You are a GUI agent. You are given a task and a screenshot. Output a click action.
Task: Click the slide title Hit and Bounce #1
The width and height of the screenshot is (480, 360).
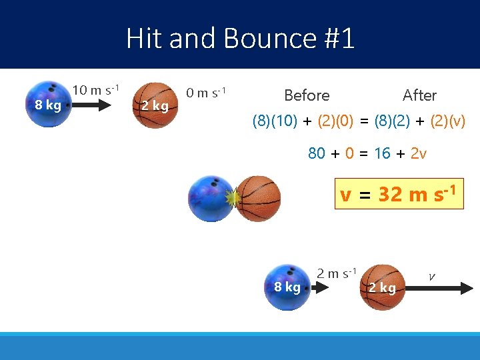(x=240, y=38)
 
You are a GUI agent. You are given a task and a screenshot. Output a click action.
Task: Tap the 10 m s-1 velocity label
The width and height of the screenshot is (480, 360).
(x=95, y=90)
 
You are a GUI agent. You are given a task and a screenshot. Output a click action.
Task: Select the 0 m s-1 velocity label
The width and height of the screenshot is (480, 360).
(x=206, y=92)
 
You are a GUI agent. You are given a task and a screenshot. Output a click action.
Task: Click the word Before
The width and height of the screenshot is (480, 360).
(x=307, y=95)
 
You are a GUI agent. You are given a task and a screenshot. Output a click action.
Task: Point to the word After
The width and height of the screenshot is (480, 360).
(x=419, y=95)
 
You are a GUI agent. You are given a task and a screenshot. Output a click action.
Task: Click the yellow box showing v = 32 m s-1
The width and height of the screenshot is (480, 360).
(x=399, y=194)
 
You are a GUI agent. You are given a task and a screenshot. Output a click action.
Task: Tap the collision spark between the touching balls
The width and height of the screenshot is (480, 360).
(x=233, y=198)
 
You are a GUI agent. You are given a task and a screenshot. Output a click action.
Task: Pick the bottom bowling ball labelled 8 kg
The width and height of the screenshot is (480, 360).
(x=287, y=287)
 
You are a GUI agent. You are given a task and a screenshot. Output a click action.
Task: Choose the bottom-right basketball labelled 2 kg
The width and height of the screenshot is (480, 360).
(x=383, y=287)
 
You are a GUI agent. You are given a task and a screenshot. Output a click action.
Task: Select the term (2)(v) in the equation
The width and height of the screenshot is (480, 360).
(x=448, y=122)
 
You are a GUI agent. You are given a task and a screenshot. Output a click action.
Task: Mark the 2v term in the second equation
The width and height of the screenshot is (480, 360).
(x=418, y=153)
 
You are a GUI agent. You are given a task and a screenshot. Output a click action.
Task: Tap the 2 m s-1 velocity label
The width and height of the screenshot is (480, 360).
(x=337, y=273)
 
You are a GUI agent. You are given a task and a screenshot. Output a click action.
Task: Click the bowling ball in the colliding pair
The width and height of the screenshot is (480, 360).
(x=211, y=199)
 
